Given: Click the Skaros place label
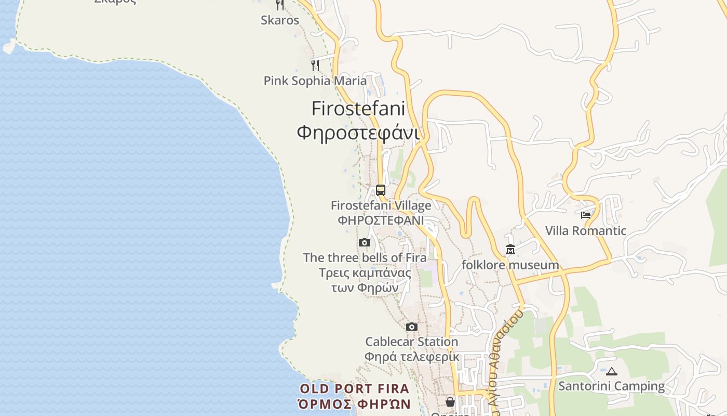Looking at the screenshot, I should pos(280,20).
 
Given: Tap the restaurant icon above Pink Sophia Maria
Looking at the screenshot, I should pos(315,65).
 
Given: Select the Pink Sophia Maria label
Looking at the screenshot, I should pos(315,81).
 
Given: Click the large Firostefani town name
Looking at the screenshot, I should pos(358,108).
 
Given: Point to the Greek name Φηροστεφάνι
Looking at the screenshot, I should pos(358,133).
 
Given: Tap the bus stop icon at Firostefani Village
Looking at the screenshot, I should pos(381,190).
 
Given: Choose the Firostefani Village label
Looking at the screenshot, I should pos(381,205).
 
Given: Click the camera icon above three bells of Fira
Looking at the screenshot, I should pos(365,242).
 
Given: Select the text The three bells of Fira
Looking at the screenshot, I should pos(365,257).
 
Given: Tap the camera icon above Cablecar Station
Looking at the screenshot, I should pos(412,327).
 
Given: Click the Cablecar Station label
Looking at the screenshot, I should pos(412,342).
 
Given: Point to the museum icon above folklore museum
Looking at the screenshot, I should pos(510,250).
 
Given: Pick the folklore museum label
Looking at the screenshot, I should pos(510,265).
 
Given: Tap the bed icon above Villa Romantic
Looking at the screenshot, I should pos(586,215).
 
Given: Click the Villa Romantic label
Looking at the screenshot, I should pos(586,230).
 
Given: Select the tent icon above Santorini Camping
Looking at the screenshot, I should pos(611,371).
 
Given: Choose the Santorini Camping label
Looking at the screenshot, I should pos(611,386).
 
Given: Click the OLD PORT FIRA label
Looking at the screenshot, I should pos(355,388).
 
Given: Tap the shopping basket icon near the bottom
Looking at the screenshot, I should pos(450,401).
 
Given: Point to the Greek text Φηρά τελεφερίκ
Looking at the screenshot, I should pos(412,357).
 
